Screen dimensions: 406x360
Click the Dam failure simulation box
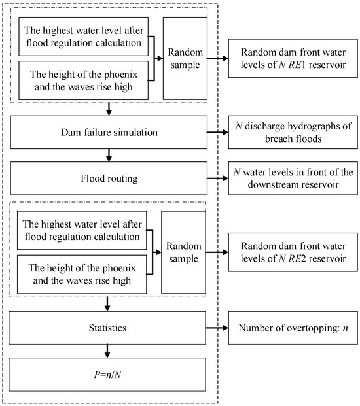[109, 132]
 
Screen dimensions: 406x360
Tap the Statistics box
[109, 322]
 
